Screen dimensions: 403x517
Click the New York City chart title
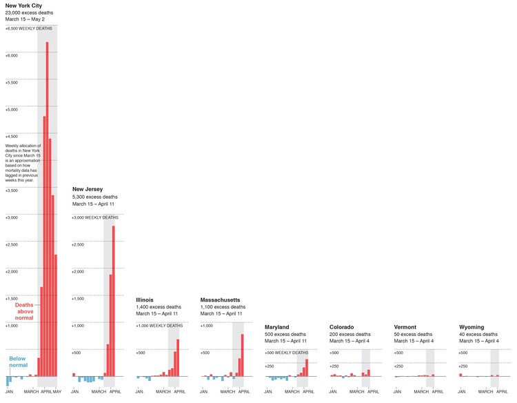click(x=28, y=6)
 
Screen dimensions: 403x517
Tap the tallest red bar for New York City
click(x=47, y=207)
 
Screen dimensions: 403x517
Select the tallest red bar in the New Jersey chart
click(x=114, y=300)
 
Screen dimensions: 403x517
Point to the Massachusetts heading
click(x=220, y=299)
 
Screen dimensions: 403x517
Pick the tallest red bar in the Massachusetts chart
click(x=242, y=355)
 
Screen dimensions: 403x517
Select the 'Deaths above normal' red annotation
click(x=24, y=311)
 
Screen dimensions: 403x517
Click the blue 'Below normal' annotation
click(x=18, y=362)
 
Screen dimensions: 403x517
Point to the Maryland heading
click(x=276, y=327)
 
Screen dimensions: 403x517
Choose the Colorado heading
click(x=342, y=327)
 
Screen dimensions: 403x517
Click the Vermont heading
click(x=405, y=327)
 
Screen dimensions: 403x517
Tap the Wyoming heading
click(x=472, y=327)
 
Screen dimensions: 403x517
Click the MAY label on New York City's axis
click(x=57, y=392)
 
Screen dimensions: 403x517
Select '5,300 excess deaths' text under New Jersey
click(x=95, y=197)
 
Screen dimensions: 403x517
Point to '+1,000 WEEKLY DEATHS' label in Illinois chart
click(x=159, y=326)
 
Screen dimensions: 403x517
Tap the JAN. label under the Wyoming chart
click(x=463, y=392)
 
